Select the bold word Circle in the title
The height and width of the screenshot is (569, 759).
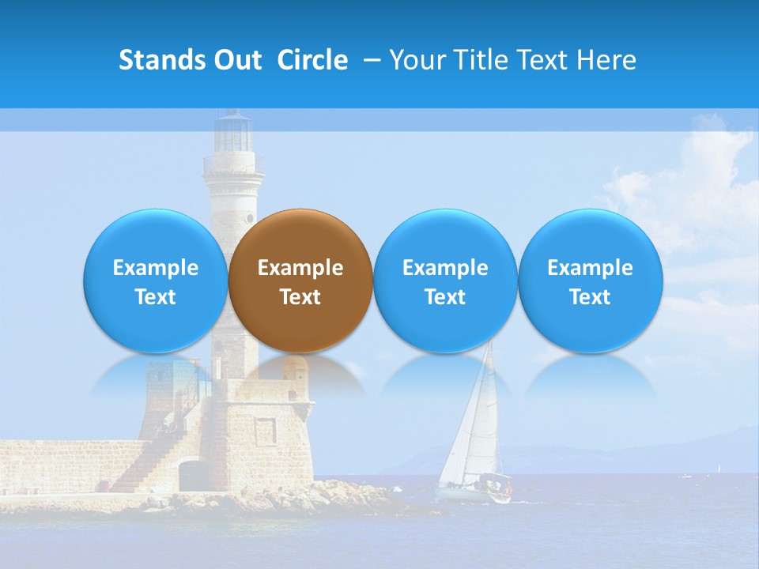[312, 60]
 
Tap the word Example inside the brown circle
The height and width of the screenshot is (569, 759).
[300, 268]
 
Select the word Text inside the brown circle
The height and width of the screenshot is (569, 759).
[300, 297]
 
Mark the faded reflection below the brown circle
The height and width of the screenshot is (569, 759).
[300, 376]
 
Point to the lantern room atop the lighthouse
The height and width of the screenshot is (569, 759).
[234, 133]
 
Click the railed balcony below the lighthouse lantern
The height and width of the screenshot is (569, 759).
[234, 165]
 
